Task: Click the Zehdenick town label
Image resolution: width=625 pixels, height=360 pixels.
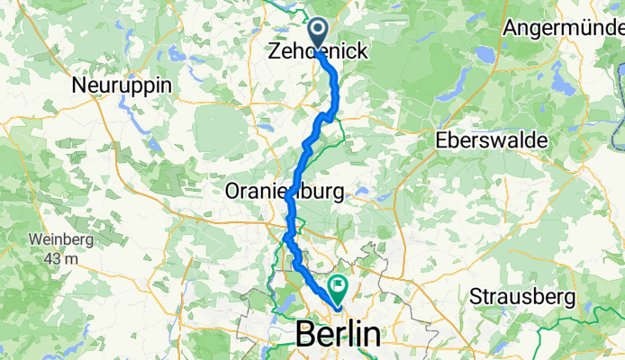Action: (x=317, y=53)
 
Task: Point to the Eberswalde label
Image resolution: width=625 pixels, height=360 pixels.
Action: (x=479, y=141)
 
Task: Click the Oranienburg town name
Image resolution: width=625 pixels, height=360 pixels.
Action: (x=284, y=192)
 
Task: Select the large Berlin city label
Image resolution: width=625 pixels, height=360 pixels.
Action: (x=338, y=335)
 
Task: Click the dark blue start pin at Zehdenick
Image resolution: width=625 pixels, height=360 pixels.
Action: (x=319, y=30)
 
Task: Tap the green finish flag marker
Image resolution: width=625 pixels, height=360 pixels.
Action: (x=340, y=288)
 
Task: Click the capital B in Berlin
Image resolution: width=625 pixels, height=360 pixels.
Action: (x=306, y=335)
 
